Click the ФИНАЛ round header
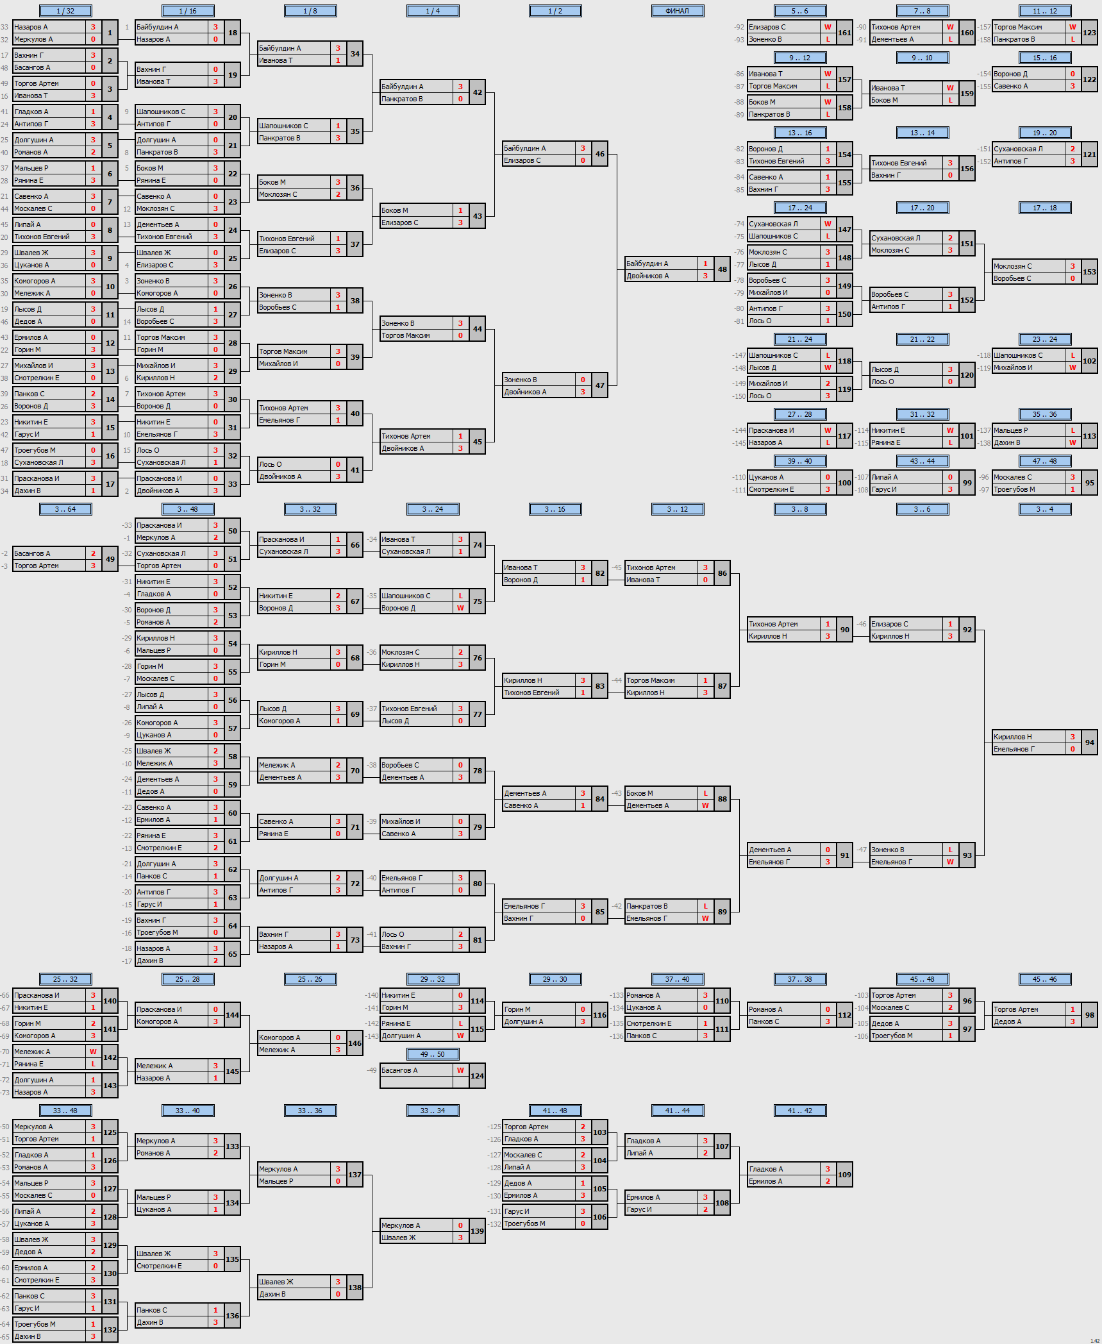pyautogui.click(x=677, y=11)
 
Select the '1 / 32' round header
pyautogui.click(x=65, y=11)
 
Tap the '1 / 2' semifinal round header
pyautogui.click(x=555, y=11)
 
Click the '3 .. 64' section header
pyautogui.click(x=65, y=509)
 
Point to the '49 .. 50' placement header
pyautogui.click(x=433, y=1054)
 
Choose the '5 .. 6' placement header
pyautogui.click(x=800, y=11)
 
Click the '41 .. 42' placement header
pyautogui.click(x=800, y=1111)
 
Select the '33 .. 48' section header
pyautogui.click(x=65, y=1111)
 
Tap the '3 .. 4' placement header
pyautogui.click(x=1045, y=509)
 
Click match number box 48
pyautogui.click(x=722, y=269)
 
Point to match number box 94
pyautogui.click(x=1090, y=743)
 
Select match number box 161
pyautogui.click(x=845, y=33)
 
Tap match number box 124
pyautogui.click(x=478, y=1076)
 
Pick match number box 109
pyautogui.click(x=845, y=1175)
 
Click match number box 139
pyautogui.click(x=478, y=1231)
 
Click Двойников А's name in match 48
pyautogui.click(x=647, y=276)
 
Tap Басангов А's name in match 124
pyautogui.click(x=399, y=1070)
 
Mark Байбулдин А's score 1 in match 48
pyautogui.click(x=705, y=264)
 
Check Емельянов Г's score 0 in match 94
pyautogui.click(x=1073, y=749)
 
